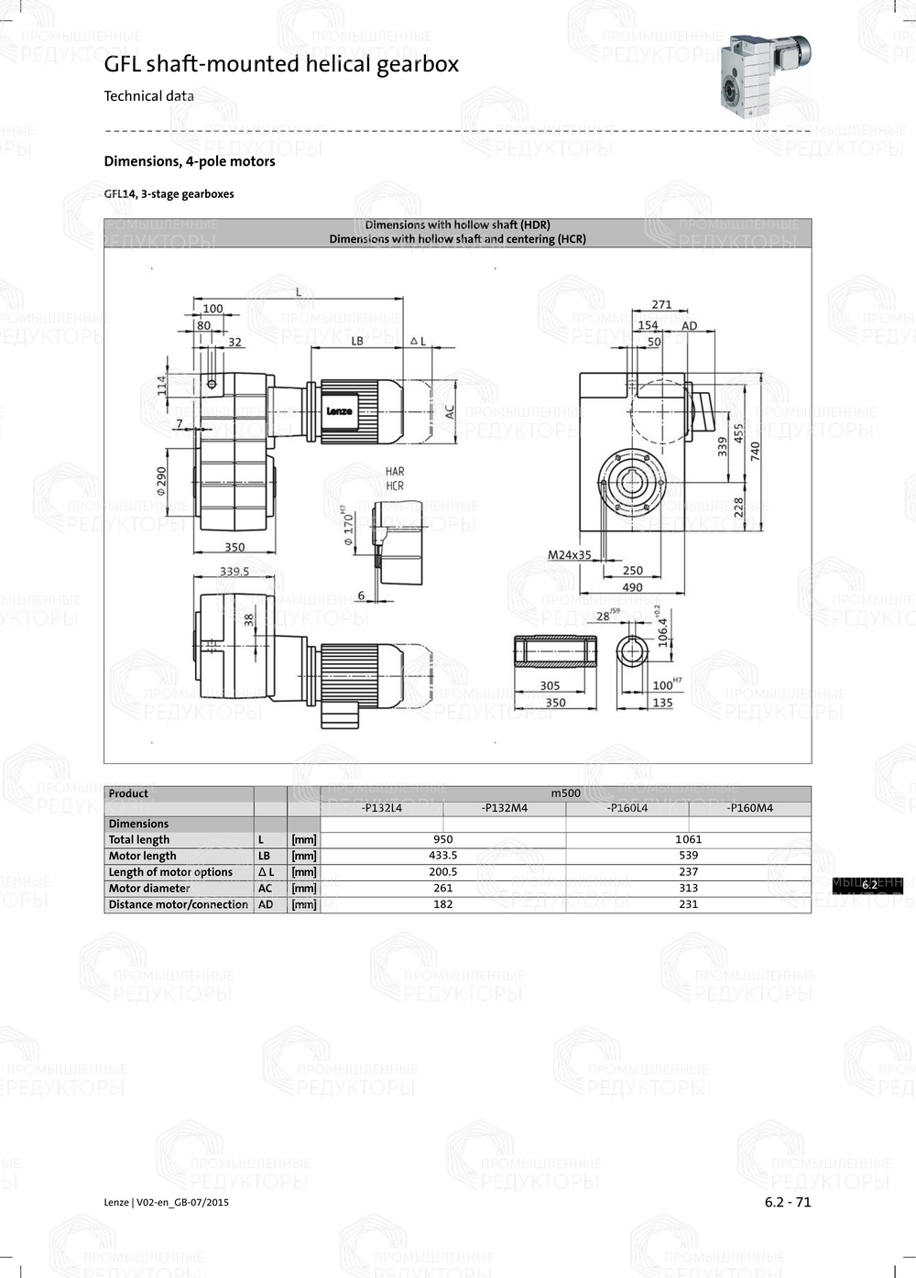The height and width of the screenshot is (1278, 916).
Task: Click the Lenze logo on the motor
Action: (x=339, y=411)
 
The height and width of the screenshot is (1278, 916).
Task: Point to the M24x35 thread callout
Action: (x=569, y=555)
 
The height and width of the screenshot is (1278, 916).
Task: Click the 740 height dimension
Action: (x=756, y=451)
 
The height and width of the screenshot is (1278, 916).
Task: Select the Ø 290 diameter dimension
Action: (x=161, y=481)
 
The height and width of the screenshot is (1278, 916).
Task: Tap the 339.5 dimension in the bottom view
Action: (x=234, y=571)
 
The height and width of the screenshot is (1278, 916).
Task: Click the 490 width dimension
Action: (x=632, y=588)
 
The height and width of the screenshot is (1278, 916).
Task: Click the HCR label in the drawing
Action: (x=395, y=486)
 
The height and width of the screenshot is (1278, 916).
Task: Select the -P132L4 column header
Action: (x=381, y=808)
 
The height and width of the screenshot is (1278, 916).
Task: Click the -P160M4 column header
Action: (x=749, y=808)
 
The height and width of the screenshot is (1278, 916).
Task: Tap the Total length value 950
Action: (x=442, y=839)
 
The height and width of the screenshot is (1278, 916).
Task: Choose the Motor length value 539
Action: (x=688, y=856)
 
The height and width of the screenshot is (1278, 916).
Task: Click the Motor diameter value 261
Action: (x=442, y=888)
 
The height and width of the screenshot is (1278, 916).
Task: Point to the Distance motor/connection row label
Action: (x=178, y=904)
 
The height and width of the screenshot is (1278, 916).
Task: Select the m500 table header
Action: (x=565, y=793)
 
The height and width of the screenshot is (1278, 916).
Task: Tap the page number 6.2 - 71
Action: (x=788, y=1202)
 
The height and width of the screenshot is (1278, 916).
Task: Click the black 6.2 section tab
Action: (x=868, y=885)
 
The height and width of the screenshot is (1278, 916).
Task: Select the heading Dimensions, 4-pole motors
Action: (x=190, y=161)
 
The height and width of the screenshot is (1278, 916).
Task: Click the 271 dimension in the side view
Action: (x=661, y=304)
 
